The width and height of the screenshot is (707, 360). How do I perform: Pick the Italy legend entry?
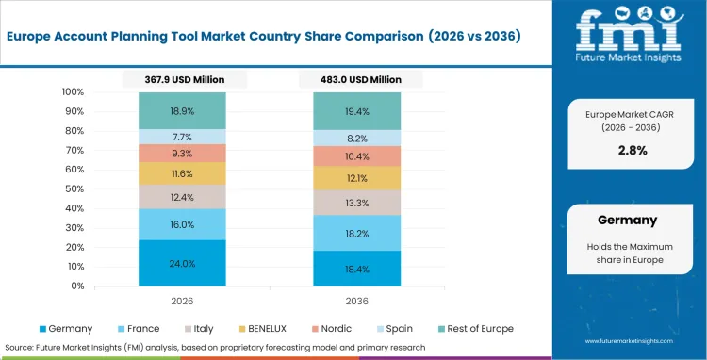coord(202,328)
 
